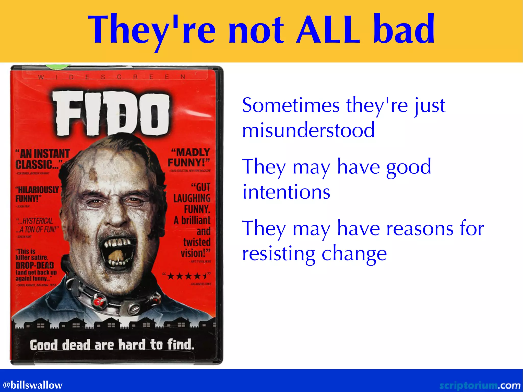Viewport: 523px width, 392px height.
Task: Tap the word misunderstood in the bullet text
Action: pos(308,130)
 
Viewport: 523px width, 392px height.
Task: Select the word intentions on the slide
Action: pos(286,192)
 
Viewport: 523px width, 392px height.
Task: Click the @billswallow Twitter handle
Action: pos(32,385)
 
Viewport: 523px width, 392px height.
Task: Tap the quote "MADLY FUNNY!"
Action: pos(189,157)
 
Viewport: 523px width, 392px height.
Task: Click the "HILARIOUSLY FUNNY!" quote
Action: pos(37,194)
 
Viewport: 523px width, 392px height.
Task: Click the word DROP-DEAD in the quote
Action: pos(35,265)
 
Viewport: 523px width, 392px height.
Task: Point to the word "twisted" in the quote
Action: pos(197,242)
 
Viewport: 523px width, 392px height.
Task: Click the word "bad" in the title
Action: pos(404,29)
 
